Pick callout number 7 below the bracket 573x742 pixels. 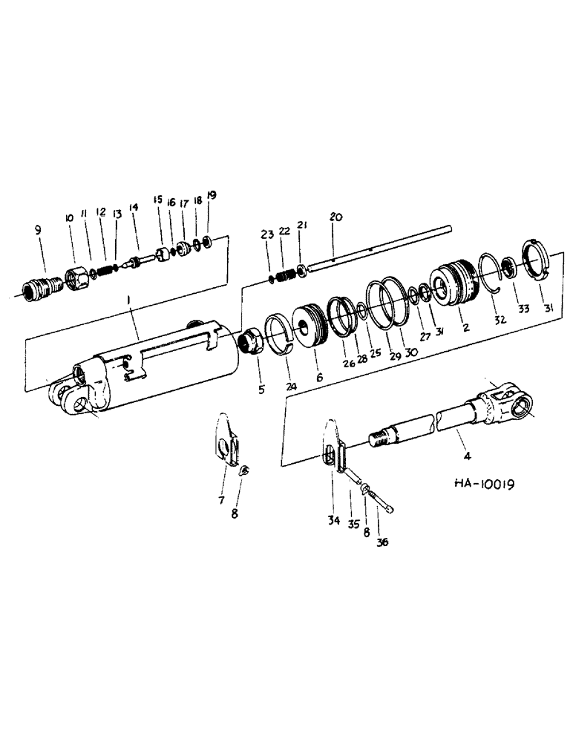221,502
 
